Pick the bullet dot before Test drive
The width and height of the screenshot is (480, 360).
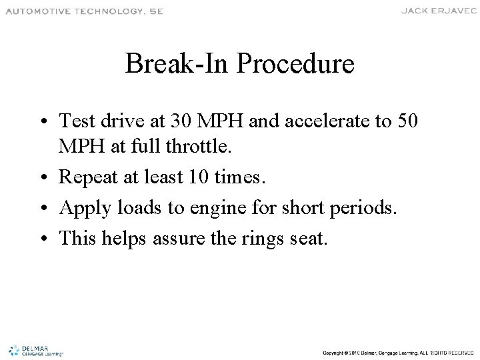tap(48, 121)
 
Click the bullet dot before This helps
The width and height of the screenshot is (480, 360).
tap(48, 238)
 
